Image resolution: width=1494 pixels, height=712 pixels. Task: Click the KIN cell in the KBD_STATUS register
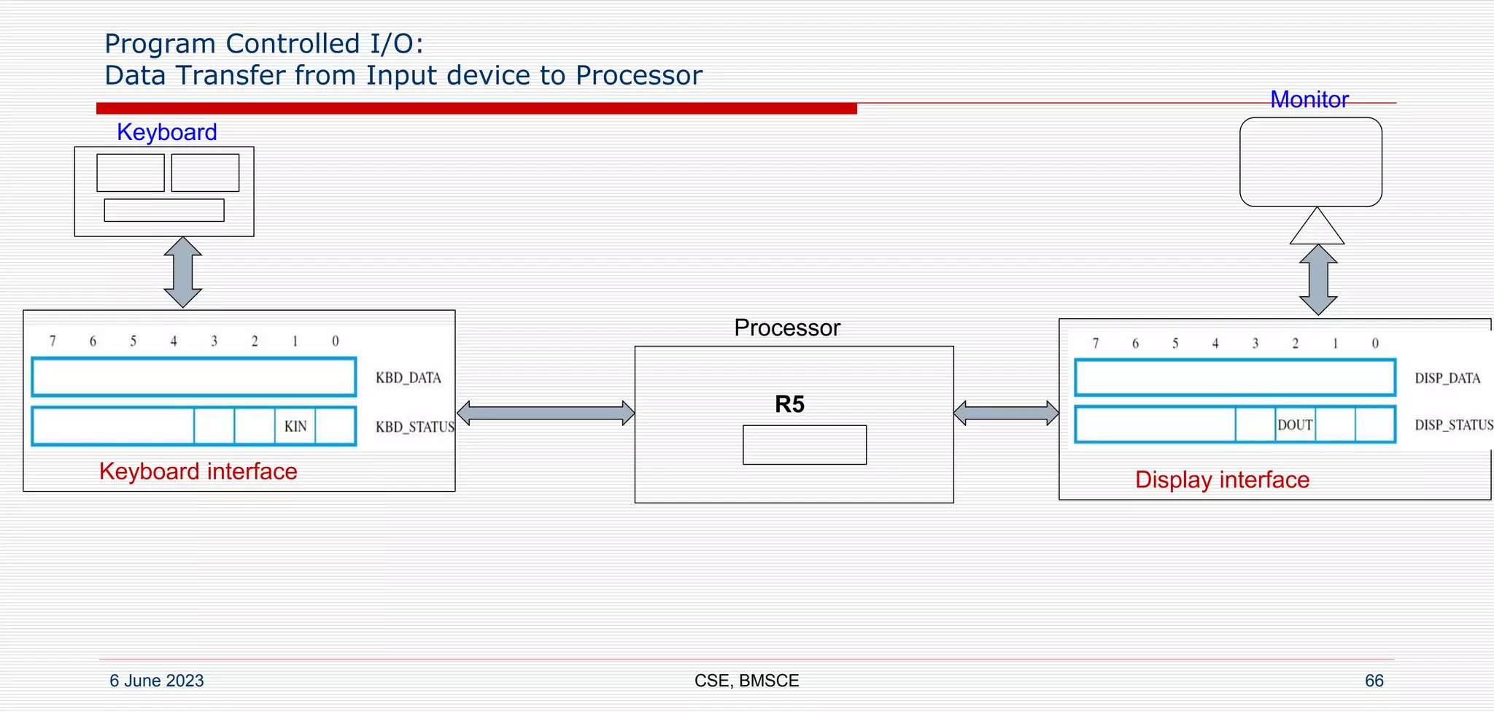point(295,426)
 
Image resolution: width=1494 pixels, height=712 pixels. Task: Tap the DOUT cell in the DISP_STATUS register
point(1295,425)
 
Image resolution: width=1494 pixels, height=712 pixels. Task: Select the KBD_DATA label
point(408,378)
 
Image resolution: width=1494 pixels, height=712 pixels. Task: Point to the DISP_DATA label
point(1447,378)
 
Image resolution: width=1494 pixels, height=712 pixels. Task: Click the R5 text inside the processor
point(789,404)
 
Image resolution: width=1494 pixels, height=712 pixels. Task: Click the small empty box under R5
point(805,445)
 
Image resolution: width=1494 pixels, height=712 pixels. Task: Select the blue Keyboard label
point(167,132)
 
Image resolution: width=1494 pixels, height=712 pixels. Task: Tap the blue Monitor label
point(1309,99)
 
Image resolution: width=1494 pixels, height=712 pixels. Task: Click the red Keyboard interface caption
point(198,471)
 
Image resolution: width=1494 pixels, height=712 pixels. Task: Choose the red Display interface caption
point(1222,480)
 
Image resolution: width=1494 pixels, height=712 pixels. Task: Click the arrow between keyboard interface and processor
point(546,413)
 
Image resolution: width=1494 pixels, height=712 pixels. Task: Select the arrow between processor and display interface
point(1006,413)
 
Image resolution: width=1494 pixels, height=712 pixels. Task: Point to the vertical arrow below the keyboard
point(182,272)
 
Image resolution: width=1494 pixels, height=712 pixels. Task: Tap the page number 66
point(1374,681)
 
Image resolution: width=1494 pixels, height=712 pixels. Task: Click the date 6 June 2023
point(157,681)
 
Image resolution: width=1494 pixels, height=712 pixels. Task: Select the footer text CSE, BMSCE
point(746,681)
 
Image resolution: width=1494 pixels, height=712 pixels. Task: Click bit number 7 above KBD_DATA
point(53,341)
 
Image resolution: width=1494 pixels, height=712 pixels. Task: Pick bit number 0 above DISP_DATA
point(1375,343)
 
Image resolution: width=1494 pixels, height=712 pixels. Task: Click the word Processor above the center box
point(786,328)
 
